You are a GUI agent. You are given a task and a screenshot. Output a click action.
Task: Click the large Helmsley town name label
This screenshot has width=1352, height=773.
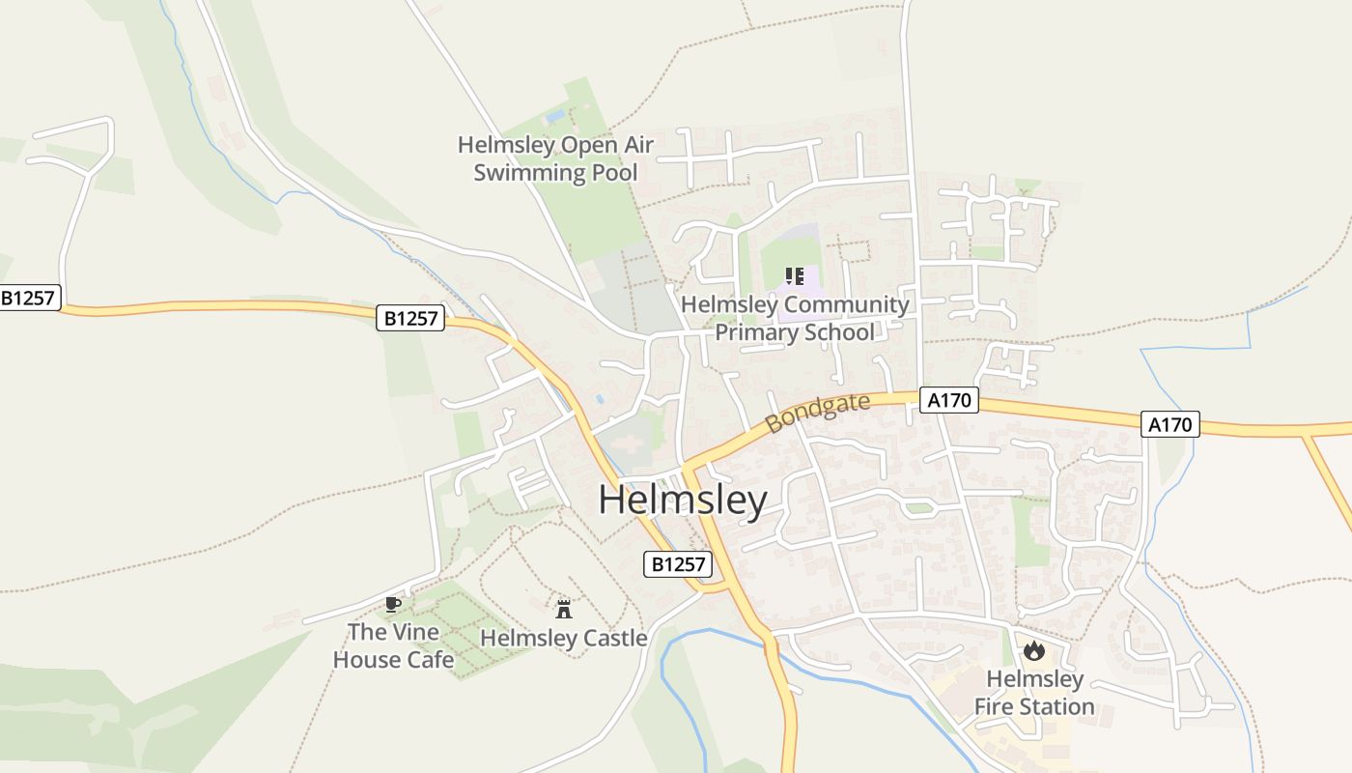pos(682,501)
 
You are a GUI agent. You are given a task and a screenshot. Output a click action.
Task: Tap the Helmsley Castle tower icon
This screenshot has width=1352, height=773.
pos(564,609)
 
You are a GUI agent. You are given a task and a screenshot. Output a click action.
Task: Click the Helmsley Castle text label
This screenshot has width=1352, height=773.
pos(564,638)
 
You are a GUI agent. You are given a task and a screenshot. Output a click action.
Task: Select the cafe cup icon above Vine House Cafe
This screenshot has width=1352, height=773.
pos(392,604)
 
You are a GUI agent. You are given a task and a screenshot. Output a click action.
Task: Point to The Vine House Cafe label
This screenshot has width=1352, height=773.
pos(393,645)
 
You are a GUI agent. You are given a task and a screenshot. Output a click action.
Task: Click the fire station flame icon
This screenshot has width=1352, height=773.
pos(1034,650)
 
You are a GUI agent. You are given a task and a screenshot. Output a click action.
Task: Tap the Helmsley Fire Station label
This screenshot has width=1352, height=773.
pos(1034,693)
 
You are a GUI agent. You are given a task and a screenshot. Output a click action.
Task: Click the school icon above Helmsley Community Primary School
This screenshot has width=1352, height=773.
pos(795,277)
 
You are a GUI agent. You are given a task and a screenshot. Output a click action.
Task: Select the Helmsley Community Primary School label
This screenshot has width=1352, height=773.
pos(795,318)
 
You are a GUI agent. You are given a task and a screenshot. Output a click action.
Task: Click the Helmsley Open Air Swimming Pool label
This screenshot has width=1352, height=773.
pos(555,158)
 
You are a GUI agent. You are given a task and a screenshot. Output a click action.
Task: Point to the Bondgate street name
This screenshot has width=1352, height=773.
pos(816,413)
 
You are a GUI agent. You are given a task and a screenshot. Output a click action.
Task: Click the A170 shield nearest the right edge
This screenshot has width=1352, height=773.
pos(1169,424)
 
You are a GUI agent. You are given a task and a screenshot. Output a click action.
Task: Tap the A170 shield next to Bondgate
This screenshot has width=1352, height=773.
pos(948,400)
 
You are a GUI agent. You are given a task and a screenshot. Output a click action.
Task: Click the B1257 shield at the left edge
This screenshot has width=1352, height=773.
pos(28,298)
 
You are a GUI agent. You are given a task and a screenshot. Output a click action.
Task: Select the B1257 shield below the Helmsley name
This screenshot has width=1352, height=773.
pos(677,564)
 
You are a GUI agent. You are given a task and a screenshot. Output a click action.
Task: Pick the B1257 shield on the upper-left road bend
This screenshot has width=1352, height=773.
pos(410,318)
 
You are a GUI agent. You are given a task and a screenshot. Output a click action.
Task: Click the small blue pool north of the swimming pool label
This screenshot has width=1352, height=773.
pos(554,117)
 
